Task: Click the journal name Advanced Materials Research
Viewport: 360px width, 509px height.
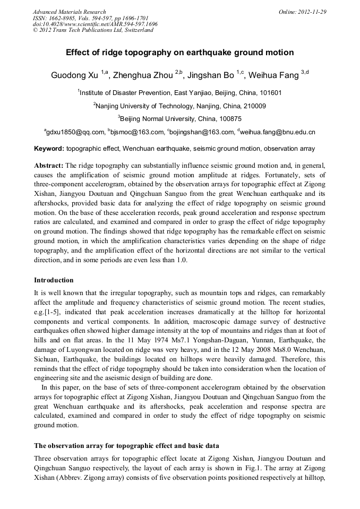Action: pyautogui.click(x=69, y=12)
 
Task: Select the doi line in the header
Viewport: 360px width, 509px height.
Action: pyautogui.click(x=95, y=24)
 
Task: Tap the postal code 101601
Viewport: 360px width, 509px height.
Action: pyautogui.click(x=269, y=92)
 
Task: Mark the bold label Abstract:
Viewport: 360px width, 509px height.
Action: pyautogui.click(x=49, y=166)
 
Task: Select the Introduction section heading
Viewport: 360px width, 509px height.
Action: pyautogui.click(x=54, y=280)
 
